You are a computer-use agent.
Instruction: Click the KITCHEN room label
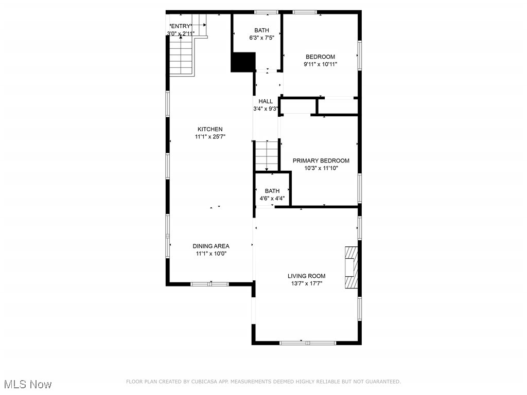(x=210, y=129)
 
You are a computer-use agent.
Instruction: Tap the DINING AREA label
(x=211, y=246)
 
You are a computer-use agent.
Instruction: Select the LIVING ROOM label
(x=306, y=276)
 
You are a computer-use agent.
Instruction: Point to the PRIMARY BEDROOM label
(x=321, y=160)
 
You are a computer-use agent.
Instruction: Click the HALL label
(x=266, y=101)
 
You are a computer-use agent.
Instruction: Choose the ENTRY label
(x=181, y=26)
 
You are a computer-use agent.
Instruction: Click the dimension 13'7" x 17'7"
(x=306, y=283)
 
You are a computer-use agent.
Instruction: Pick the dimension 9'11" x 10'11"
(x=320, y=64)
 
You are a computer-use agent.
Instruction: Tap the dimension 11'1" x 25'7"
(x=210, y=137)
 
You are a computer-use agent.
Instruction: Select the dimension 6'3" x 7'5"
(x=261, y=38)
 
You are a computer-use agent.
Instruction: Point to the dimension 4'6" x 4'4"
(x=272, y=198)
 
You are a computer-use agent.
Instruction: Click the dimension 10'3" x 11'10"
(x=321, y=168)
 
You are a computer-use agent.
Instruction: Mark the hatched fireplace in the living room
(x=351, y=268)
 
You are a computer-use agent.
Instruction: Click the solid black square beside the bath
(x=243, y=62)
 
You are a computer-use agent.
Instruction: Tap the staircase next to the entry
(x=182, y=57)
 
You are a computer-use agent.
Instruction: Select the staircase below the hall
(x=266, y=156)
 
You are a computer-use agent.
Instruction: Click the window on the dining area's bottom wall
(x=209, y=283)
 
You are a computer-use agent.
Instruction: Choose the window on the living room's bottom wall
(x=307, y=343)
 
